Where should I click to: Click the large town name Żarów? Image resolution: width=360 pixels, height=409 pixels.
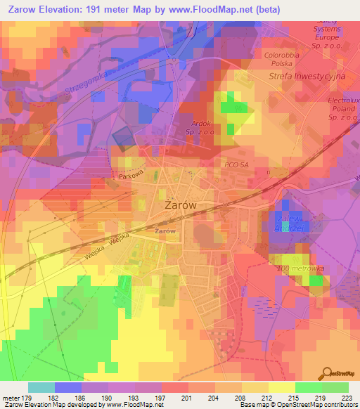click(179, 205)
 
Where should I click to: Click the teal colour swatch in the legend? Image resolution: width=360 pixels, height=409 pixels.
click(41, 387)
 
